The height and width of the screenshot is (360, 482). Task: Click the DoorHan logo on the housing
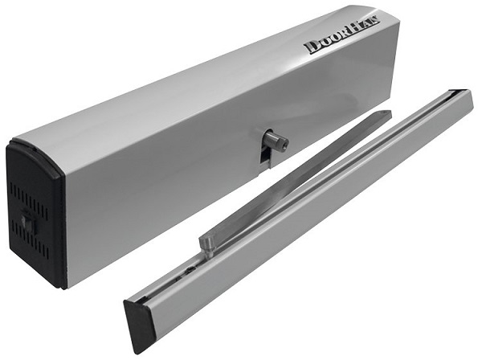pyautogui.click(x=342, y=35)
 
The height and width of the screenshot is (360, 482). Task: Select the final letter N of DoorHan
pyautogui.click(x=375, y=22)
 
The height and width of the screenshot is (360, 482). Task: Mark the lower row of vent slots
pyautogui.click(x=31, y=239)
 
